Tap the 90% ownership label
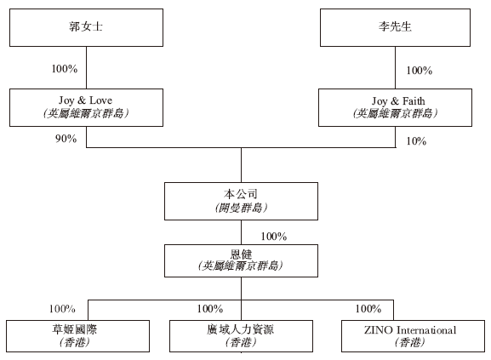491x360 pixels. (66, 139)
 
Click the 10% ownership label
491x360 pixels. (416, 141)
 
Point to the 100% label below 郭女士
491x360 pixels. (65, 69)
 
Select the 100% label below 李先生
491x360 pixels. (420, 71)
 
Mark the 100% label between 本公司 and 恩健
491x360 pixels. (274, 236)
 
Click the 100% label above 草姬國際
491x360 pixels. (62, 309)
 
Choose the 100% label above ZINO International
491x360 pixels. (368, 309)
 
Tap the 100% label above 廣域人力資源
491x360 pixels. (210, 309)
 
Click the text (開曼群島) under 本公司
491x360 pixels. (241, 208)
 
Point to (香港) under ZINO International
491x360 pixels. (410, 342)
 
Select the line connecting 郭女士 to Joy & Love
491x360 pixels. (87, 67)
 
